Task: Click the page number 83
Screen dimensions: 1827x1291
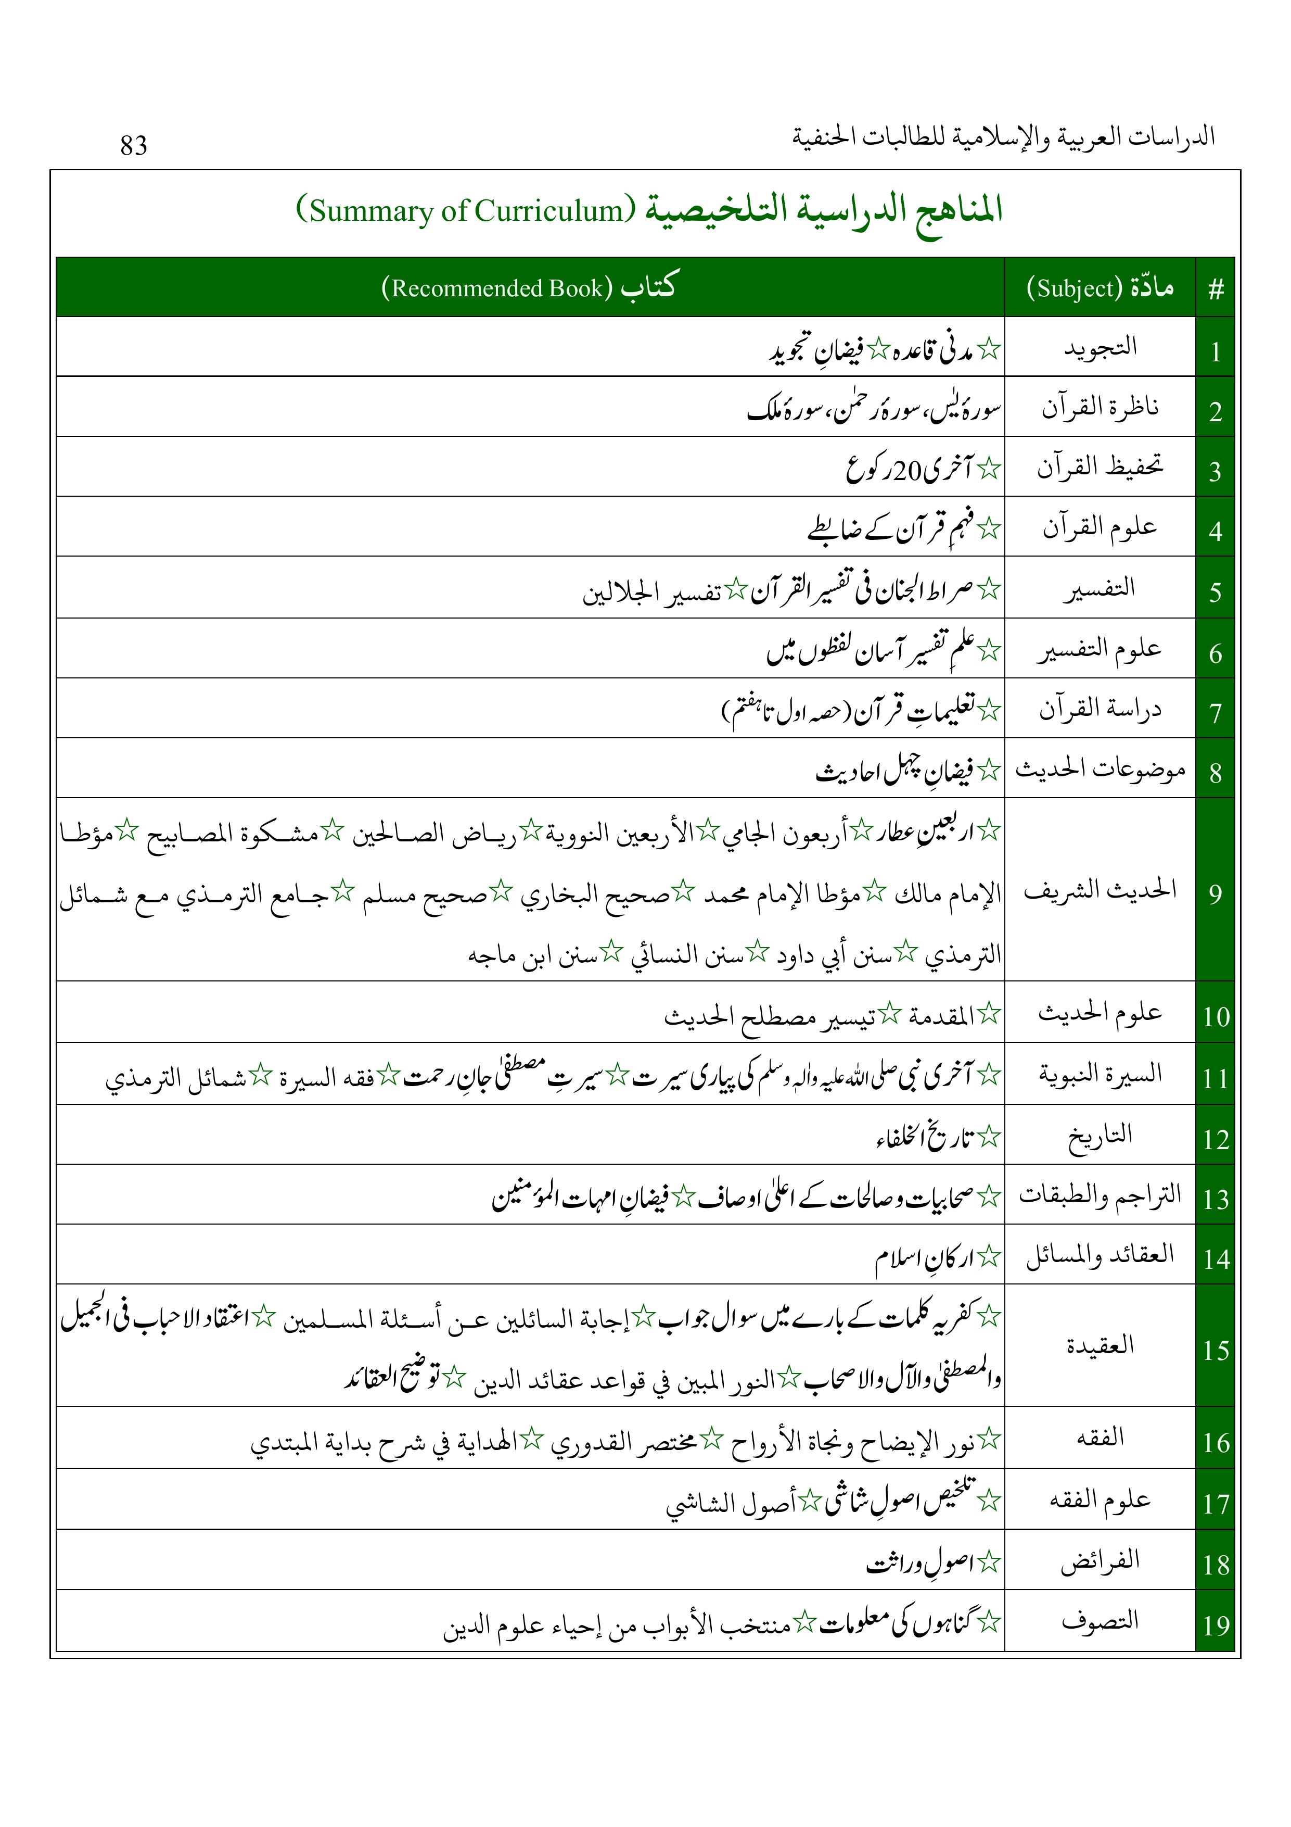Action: (x=134, y=146)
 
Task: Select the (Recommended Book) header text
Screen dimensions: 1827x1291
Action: (x=497, y=288)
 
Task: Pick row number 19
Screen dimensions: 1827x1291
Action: (x=1216, y=1625)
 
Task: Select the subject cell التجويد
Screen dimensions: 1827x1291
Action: (x=1100, y=348)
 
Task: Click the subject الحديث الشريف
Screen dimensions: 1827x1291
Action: (x=1100, y=890)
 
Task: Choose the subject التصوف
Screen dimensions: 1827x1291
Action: (x=1100, y=1620)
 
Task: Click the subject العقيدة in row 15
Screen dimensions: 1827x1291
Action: (x=1100, y=1345)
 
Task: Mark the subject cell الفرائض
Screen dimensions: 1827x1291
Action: (x=1100, y=1559)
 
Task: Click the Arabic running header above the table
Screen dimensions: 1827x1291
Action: (x=1003, y=137)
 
